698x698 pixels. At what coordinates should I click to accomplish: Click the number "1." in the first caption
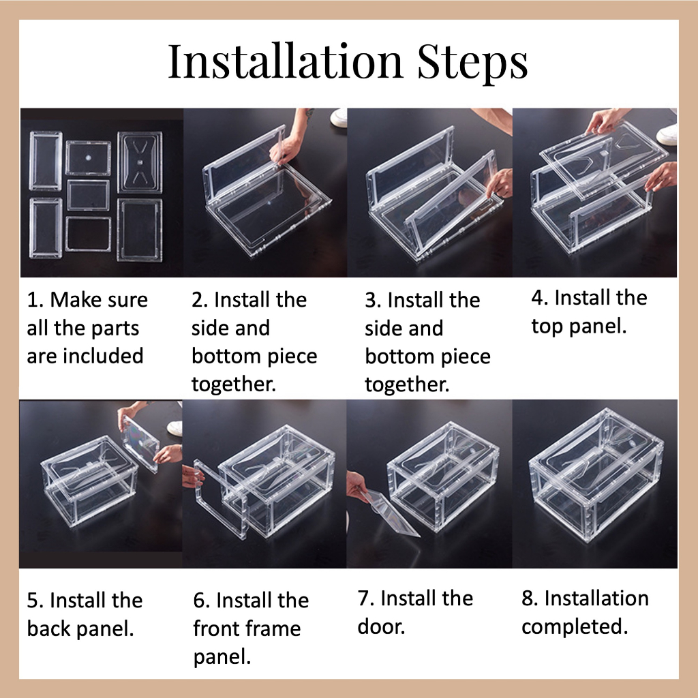(35, 300)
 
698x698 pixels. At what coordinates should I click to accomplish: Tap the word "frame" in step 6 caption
(271, 628)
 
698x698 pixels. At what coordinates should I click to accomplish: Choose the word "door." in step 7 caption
(381, 626)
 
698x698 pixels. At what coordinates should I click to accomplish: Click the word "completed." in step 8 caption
(575, 627)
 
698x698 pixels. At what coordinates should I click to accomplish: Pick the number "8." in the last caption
(530, 598)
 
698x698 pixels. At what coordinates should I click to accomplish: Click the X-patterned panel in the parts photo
(140, 162)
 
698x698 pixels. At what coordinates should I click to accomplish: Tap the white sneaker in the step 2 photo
(339, 117)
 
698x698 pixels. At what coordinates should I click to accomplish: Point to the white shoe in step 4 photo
(667, 133)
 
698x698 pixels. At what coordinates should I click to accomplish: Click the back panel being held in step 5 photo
(140, 442)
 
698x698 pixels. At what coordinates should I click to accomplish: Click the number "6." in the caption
(202, 601)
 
